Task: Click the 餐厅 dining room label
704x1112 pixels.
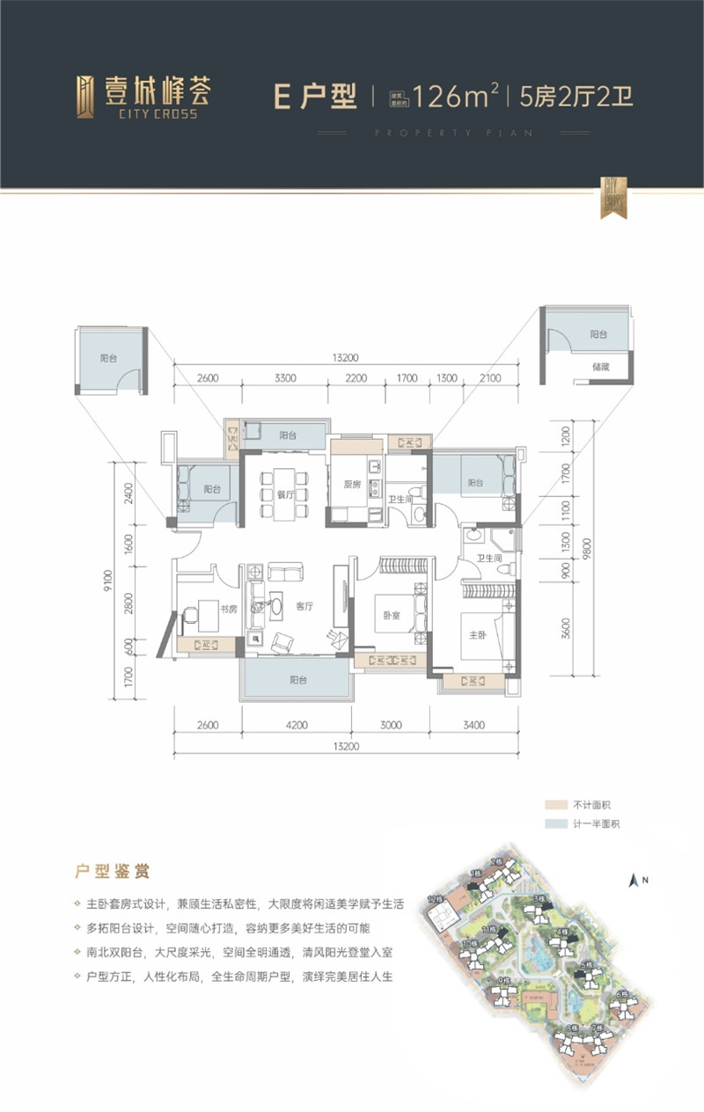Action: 283,494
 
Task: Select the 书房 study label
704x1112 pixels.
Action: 227,608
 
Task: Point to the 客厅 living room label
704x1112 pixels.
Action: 305,606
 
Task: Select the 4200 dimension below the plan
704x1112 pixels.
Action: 296,726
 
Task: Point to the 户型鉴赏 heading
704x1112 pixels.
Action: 111,871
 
